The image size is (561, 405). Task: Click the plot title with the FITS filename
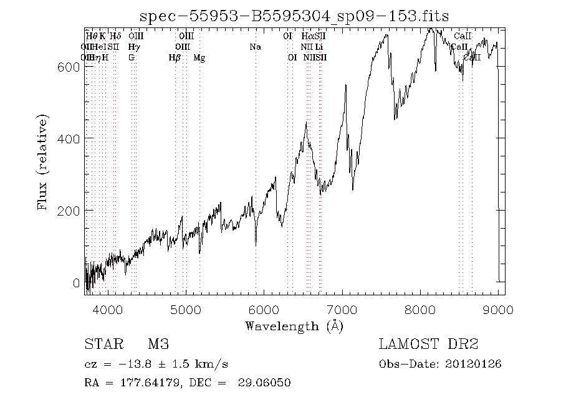click(294, 16)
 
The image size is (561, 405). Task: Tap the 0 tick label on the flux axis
click(76, 283)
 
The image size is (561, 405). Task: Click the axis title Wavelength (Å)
click(294, 325)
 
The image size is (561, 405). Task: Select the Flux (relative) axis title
click(43, 161)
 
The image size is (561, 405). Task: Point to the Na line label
click(255, 47)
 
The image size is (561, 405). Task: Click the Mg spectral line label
click(199, 58)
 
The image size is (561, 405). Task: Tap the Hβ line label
click(175, 58)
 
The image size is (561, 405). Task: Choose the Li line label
click(319, 47)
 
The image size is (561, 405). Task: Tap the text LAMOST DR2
click(428, 345)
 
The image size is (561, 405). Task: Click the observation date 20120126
click(472, 364)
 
